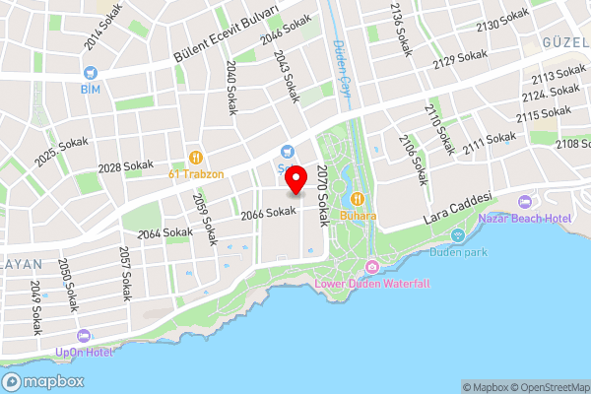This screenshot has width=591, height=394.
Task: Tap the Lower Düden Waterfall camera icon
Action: (372, 268)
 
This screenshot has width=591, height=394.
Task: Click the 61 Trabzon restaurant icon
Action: (196, 157)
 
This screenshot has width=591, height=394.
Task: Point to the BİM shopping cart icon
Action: (90, 72)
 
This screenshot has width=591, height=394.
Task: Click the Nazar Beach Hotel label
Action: (533, 217)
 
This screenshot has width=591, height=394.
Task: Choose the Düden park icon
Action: (457, 235)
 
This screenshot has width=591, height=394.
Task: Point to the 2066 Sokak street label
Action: (268, 212)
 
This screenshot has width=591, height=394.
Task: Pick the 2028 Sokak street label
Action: (122, 167)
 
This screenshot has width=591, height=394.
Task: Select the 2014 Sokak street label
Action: (106, 25)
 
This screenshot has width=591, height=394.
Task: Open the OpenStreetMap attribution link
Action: (545, 387)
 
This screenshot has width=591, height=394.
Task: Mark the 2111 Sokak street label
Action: (489, 144)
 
